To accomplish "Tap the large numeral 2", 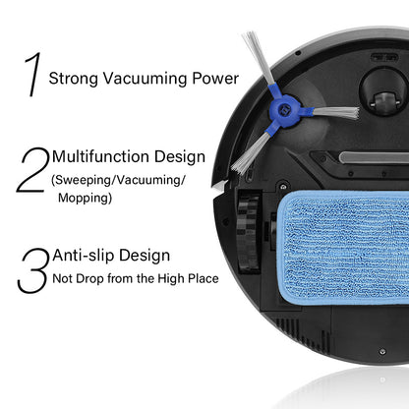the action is (x=32, y=170).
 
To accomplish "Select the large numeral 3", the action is (x=32, y=270).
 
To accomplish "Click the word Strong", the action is (x=74, y=79).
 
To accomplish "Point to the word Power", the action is (x=215, y=79).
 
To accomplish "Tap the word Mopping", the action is (x=85, y=198).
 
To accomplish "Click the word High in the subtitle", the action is (x=171, y=279).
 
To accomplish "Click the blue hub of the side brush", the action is (x=285, y=110).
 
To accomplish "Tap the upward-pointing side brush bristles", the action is (x=259, y=58).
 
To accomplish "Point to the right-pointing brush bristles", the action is (x=336, y=112).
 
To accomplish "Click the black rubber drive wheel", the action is (x=249, y=231).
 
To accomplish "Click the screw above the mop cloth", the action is (x=283, y=187).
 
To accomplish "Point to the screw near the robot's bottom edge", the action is (x=382, y=352).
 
